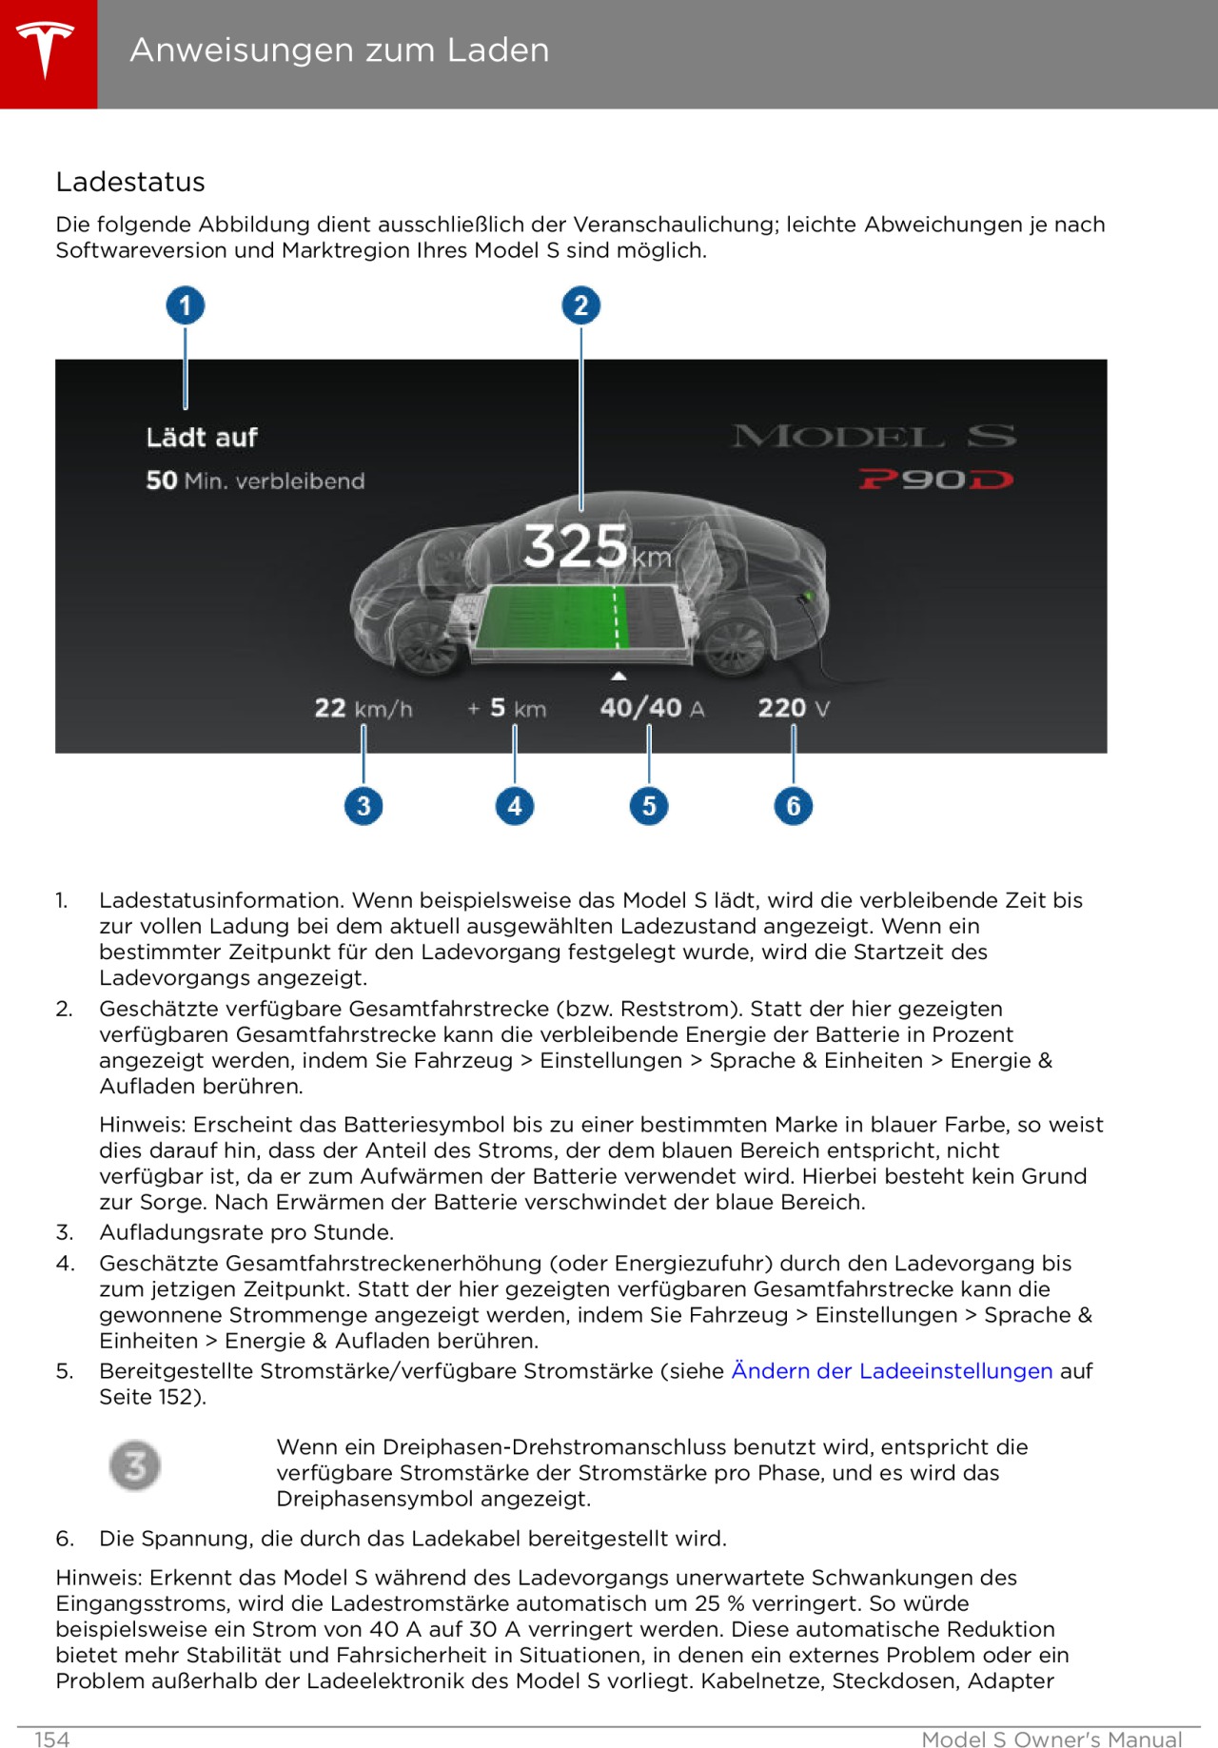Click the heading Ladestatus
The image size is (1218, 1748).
130,182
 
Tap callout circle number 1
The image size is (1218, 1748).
186,305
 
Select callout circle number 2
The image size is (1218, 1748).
581,305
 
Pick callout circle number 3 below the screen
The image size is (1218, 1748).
363,806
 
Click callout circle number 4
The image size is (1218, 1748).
515,806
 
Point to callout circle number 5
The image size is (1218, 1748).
649,806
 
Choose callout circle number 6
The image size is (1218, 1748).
794,806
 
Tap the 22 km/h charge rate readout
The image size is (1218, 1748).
363,708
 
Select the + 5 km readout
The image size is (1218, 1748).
507,708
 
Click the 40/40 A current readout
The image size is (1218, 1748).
652,708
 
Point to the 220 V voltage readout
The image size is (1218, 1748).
794,708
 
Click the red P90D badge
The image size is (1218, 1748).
935,480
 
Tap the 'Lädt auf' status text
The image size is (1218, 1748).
202,438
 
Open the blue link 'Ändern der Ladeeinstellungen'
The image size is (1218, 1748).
892,1370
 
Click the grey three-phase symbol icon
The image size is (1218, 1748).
135,1465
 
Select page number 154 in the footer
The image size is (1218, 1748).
52,1739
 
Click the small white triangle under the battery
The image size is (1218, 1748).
619,676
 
